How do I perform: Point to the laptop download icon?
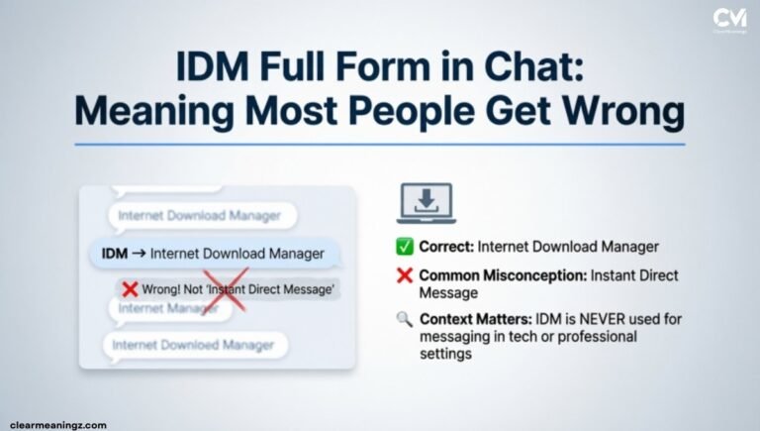point(425,203)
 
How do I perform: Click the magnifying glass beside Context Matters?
point(403,319)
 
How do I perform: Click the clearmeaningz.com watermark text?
point(58,424)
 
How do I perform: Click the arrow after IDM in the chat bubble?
point(140,254)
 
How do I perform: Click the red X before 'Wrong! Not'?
point(130,288)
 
